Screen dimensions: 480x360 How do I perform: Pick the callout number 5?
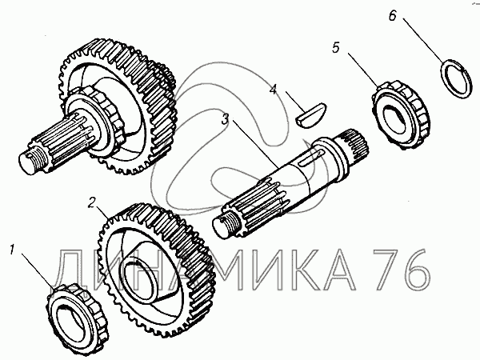[337, 47]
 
